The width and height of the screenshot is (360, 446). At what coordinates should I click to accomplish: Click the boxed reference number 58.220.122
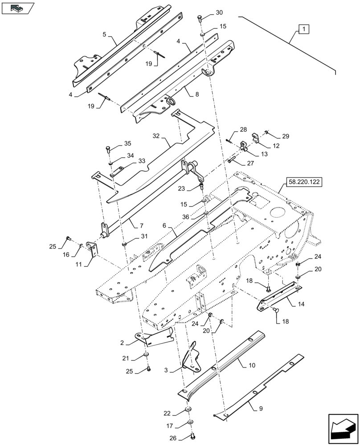coord(303,182)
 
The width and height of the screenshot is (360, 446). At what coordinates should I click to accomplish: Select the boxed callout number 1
coord(303,30)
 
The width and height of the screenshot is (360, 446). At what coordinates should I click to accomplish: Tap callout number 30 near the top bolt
coord(219,12)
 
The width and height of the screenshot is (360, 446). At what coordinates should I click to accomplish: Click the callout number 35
coord(128,144)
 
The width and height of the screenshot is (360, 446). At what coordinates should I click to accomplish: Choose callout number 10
coord(252,365)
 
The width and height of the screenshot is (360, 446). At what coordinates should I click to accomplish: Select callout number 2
coord(122,343)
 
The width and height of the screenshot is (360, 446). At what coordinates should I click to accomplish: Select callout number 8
coord(197,94)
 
